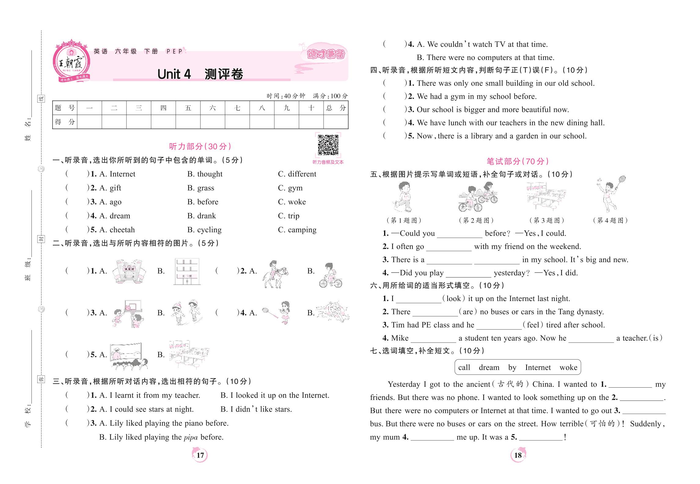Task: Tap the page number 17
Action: coord(200,455)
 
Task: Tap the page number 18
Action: coord(518,455)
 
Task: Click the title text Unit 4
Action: coord(174,74)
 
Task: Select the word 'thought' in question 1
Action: coord(210,174)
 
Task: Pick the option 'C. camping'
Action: coord(297,230)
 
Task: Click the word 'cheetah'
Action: coord(122,230)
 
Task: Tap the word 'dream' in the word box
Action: coord(489,367)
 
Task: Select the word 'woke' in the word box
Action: coord(568,367)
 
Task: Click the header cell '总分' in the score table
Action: coord(336,108)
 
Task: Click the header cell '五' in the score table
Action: coord(188,108)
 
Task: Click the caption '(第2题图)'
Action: coord(476,220)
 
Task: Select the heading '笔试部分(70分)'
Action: coord(518,161)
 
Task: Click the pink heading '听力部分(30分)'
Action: coord(200,147)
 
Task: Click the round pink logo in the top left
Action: coord(72,61)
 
